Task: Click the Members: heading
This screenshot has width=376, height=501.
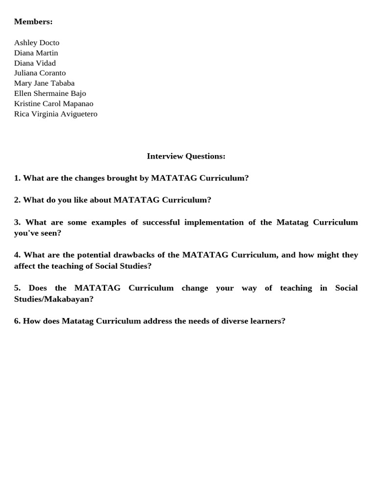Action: (33, 22)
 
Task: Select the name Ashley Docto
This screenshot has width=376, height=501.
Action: (37, 43)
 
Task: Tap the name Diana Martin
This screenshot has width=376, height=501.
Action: (36, 53)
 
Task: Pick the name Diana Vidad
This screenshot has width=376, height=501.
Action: (35, 63)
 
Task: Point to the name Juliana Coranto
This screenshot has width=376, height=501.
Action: (40, 73)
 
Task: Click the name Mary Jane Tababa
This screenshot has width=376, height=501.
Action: (44, 83)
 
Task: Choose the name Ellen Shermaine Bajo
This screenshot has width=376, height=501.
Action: (50, 93)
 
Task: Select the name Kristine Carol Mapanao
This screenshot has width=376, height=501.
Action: (53, 104)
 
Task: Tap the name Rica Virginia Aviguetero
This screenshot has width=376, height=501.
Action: (56, 114)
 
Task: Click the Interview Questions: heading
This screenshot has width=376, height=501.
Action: (186, 156)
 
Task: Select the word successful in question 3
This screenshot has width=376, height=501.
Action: (161, 222)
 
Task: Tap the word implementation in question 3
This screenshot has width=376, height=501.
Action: (213, 222)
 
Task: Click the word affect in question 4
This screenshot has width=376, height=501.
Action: (24, 266)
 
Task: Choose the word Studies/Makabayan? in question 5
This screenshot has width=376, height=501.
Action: (54, 299)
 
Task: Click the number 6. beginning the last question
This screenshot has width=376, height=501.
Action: (17, 321)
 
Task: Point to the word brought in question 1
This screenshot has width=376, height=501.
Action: (122, 178)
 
